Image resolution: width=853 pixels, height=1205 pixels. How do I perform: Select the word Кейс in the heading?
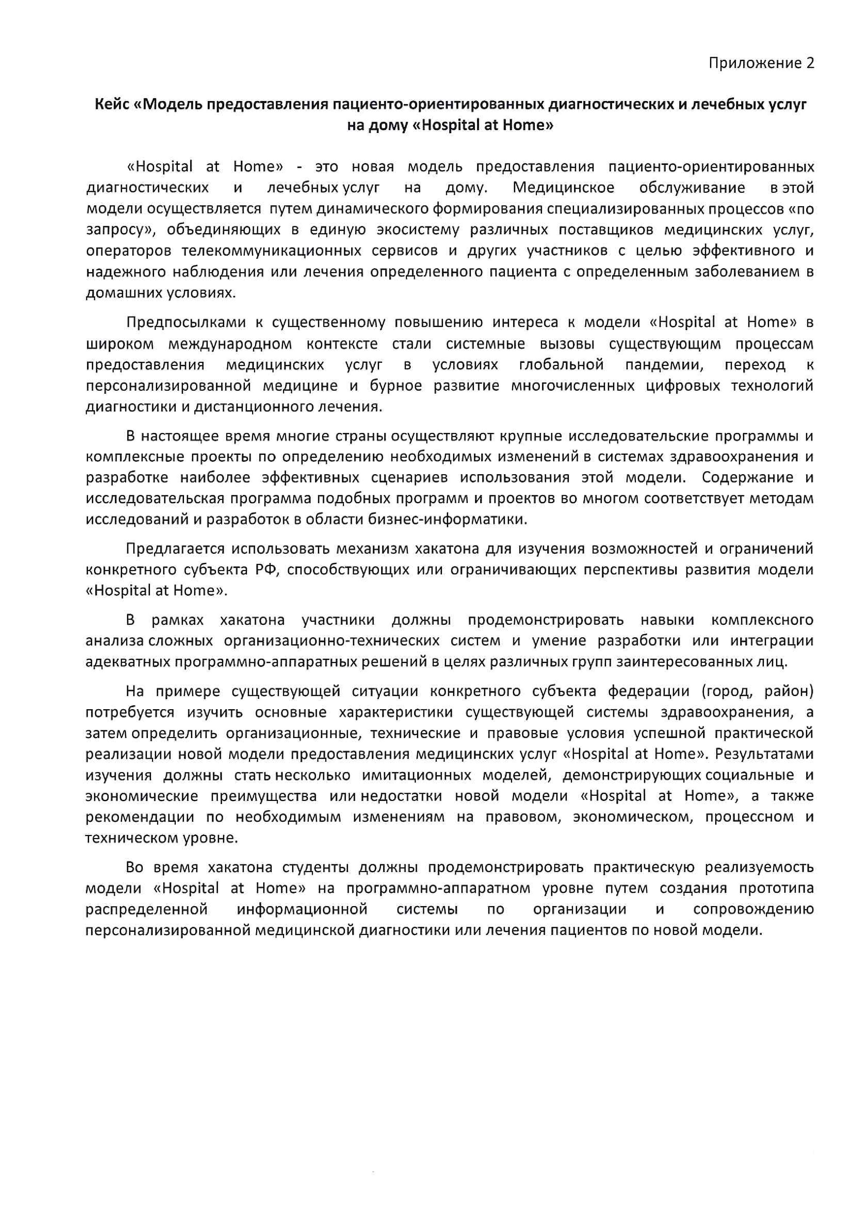(x=111, y=104)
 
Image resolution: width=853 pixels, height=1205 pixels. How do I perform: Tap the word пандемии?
(x=663, y=364)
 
